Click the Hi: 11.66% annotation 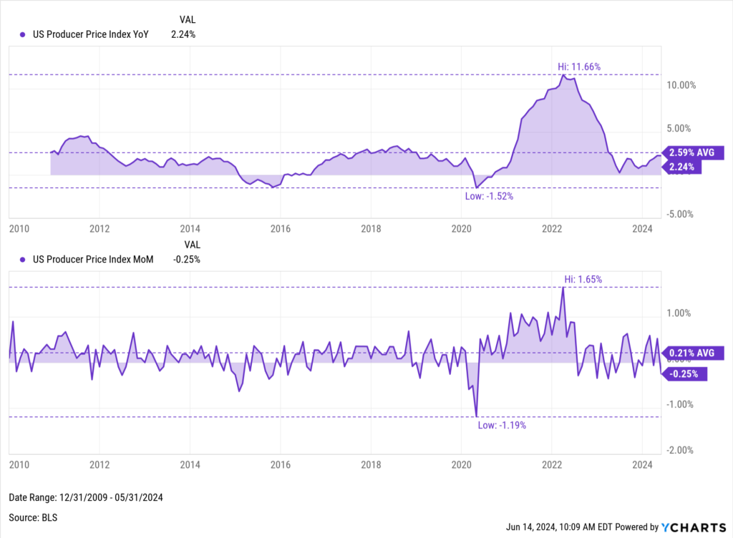coord(579,67)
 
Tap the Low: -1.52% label coord(489,195)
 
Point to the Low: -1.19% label coord(501,425)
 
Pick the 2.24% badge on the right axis coord(684,167)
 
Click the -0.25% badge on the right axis coord(686,373)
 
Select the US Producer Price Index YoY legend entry coord(84,34)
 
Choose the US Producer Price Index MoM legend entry coord(84,260)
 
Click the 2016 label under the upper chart coord(280,229)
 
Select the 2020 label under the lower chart coord(461,464)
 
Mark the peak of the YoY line coord(564,75)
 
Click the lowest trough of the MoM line coord(477,416)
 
